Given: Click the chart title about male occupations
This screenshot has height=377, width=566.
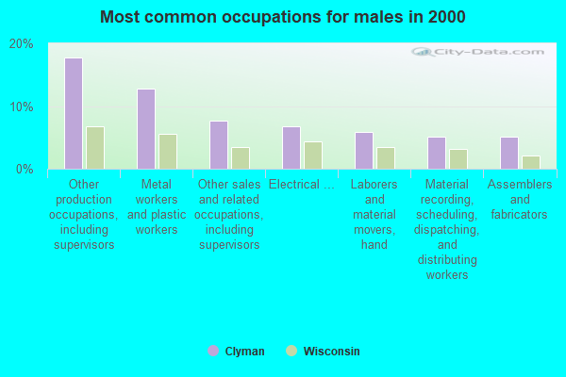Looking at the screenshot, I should pos(282,17).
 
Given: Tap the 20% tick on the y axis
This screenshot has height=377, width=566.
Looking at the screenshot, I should pos(21,44).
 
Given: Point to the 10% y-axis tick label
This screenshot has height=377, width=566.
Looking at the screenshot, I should pos(21,107).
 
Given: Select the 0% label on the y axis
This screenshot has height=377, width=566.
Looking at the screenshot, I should pos(25,169).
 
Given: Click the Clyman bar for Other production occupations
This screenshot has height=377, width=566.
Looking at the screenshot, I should pos(74,113).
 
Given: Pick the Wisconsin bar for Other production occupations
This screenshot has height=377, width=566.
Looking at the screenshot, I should pos(94,148).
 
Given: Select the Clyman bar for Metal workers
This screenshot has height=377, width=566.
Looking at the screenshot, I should pos(146,129).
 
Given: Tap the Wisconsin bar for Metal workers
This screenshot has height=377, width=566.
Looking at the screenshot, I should pos(167,152).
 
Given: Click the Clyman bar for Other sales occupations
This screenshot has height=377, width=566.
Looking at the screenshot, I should pos(219,145).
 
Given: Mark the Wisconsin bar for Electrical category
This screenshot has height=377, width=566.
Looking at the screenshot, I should pos(312,156).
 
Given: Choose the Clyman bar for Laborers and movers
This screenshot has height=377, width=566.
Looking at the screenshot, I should pos(364,151).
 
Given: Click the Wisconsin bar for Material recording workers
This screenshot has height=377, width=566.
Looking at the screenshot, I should pos(458,159).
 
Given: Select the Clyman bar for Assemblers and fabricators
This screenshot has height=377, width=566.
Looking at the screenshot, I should pos(509,153).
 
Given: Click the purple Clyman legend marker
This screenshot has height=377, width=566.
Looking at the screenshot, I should pos(213,351).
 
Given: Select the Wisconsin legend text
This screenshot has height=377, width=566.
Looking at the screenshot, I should pos(331,352).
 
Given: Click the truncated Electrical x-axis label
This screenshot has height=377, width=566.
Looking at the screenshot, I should pos(301,185).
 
